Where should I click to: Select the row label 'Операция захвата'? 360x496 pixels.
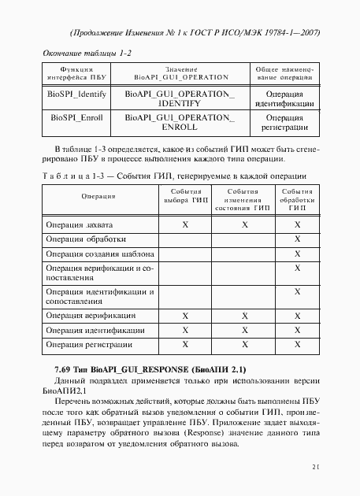[x=76, y=225]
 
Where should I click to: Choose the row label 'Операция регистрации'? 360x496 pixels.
[x=83, y=344]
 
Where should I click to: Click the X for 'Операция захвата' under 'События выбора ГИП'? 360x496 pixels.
[x=186, y=225]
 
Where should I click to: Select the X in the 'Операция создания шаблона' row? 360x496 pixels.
[x=298, y=254]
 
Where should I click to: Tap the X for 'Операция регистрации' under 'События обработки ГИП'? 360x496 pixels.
[x=298, y=344]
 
